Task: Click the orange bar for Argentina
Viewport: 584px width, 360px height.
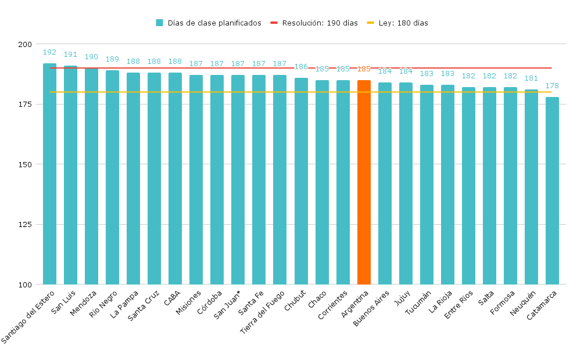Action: tap(364, 182)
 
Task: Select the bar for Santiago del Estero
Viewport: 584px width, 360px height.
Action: tap(49, 174)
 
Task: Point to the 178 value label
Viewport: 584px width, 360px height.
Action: tap(552, 86)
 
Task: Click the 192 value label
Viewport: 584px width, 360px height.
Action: tap(49, 52)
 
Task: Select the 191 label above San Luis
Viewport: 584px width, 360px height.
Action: tap(70, 55)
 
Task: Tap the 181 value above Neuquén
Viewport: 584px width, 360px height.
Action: tap(531, 78)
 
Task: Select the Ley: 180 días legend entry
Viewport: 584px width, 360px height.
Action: tap(397, 23)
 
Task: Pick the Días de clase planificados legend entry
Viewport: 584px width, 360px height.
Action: tap(209, 23)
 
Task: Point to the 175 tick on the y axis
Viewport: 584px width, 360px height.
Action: tap(25, 105)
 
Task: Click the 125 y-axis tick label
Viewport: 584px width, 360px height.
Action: tap(25, 225)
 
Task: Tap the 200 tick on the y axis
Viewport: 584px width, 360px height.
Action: tap(25, 45)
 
